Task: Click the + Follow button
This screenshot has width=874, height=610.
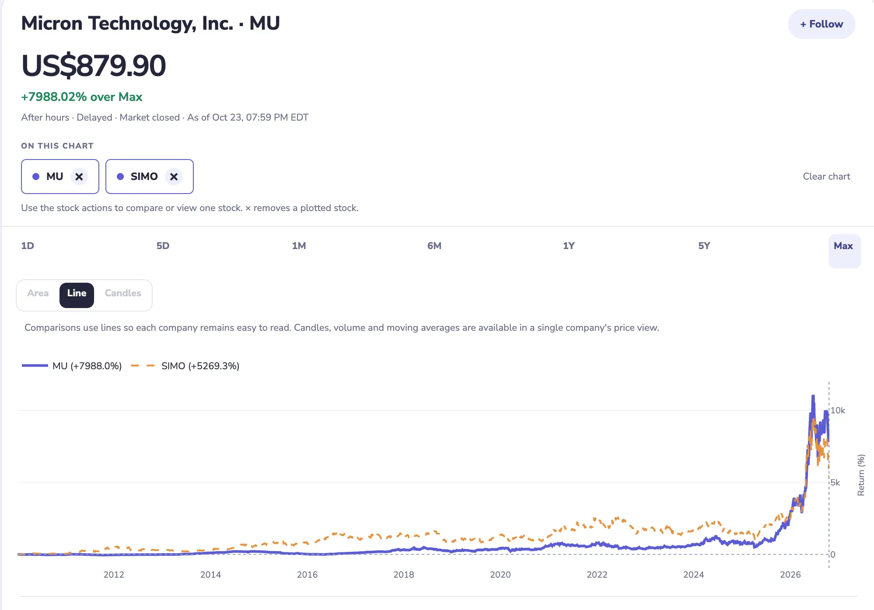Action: (821, 24)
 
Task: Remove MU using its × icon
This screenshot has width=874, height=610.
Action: (79, 177)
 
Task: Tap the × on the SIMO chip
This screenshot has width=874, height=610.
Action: (174, 177)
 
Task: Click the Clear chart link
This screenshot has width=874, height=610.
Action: (826, 177)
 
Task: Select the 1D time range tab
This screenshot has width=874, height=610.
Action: (28, 246)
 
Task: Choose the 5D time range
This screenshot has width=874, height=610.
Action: (163, 246)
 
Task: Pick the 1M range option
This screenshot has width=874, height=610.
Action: (299, 246)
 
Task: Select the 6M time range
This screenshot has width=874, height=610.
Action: (434, 246)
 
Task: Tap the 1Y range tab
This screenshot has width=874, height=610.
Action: (569, 246)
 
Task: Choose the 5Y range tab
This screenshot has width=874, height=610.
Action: (704, 246)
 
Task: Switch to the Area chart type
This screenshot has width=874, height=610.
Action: (38, 293)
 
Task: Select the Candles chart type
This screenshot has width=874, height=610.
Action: (123, 293)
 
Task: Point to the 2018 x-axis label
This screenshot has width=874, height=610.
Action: (404, 575)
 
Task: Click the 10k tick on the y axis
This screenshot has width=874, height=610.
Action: (838, 410)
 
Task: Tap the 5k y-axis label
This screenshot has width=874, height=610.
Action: (835, 482)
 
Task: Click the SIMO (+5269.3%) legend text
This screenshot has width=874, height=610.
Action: (200, 366)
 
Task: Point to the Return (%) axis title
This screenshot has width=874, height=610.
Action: (861, 475)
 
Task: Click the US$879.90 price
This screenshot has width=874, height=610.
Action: (94, 66)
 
